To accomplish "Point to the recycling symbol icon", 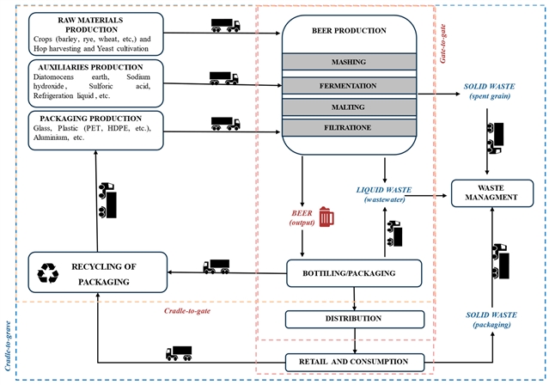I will (49, 273).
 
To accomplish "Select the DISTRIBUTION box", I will (354, 319).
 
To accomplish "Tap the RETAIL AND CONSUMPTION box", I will (354, 361).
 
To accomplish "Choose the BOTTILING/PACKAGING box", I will (354, 274).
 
